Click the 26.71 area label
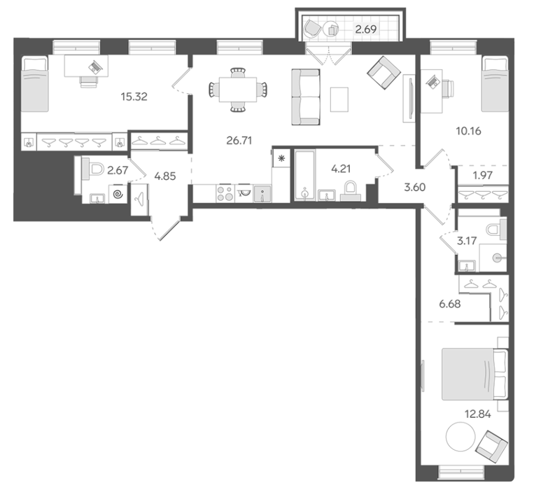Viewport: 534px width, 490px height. (x=239, y=140)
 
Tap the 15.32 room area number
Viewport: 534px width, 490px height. (x=134, y=97)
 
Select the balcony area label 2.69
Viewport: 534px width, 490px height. (x=366, y=29)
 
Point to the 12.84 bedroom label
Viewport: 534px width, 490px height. (x=478, y=414)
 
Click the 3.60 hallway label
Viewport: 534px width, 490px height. (x=415, y=187)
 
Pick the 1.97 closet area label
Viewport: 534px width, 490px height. (x=483, y=175)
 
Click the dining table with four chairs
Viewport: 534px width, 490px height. (x=238, y=90)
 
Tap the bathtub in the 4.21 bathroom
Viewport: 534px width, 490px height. (x=305, y=175)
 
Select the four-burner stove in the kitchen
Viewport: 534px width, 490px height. (x=225, y=193)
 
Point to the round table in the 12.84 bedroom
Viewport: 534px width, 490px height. (x=461, y=437)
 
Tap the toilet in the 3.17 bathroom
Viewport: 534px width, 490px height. (x=496, y=229)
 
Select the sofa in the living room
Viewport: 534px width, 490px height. (x=305, y=97)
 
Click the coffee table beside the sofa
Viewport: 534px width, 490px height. (x=339, y=99)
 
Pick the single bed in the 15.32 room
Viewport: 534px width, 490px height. (x=34, y=84)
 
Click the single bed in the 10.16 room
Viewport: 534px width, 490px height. (x=495, y=84)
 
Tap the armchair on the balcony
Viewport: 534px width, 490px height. (x=313, y=28)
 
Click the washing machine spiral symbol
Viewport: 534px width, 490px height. (x=118, y=195)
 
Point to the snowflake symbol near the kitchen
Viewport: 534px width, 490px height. (x=281, y=158)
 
